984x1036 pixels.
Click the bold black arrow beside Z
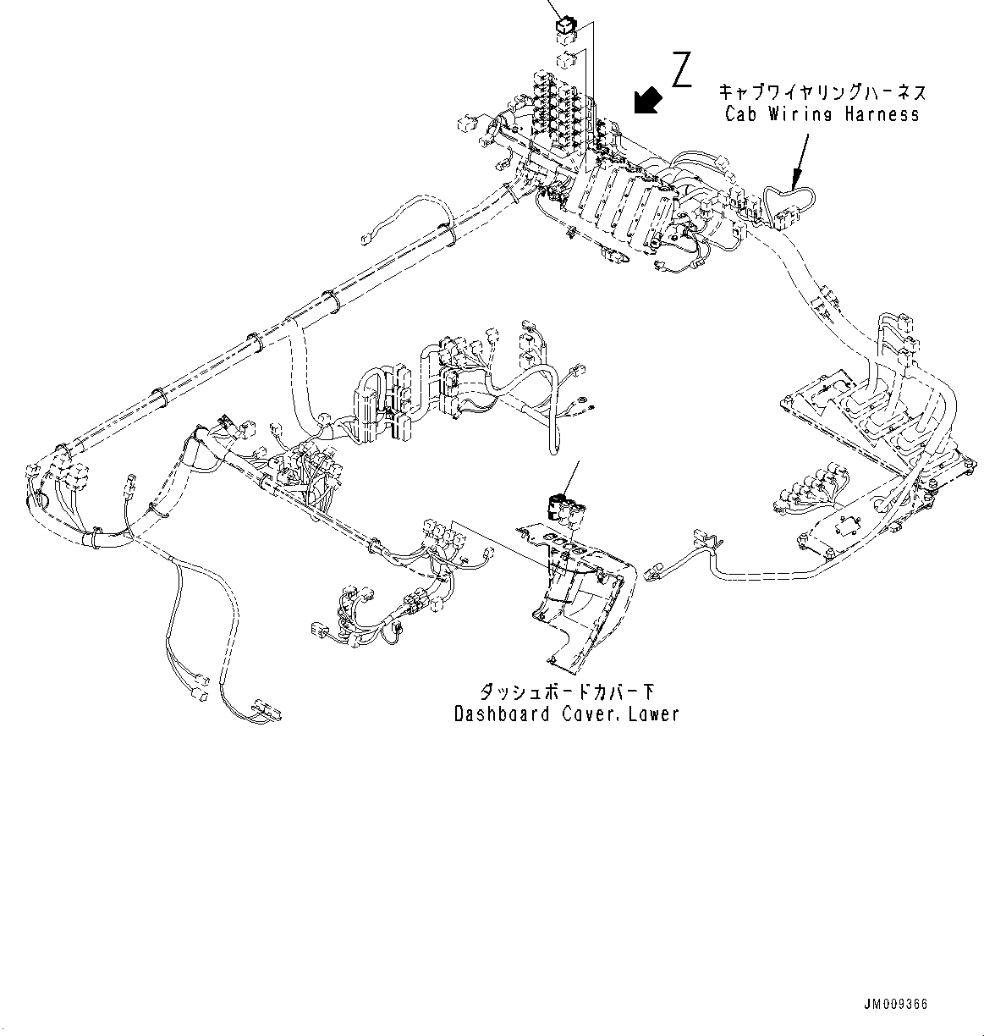[x=647, y=100]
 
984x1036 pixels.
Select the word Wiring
[x=803, y=114]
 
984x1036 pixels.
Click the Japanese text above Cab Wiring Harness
[x=822, y=91]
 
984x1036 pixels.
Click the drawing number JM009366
[x=895, y=1004]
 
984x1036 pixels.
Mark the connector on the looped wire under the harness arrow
[x=783, y=220]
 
